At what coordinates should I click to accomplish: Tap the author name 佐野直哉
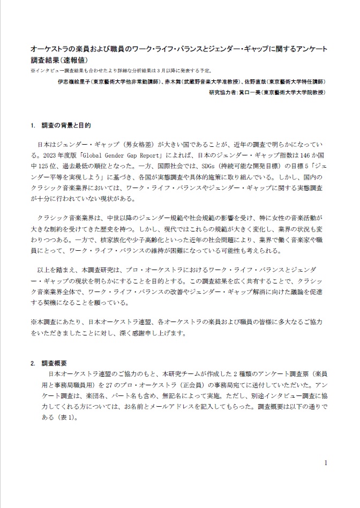tap(251, 82)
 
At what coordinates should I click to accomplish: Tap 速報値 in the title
tap(79, 60)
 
